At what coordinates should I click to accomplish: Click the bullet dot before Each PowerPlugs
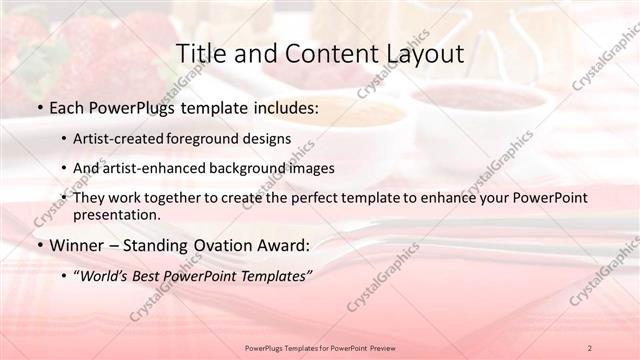38,108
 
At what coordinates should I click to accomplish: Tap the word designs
270,138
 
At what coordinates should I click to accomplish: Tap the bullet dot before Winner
38,245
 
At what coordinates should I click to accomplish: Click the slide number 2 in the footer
590,347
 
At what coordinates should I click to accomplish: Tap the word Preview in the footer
378,347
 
